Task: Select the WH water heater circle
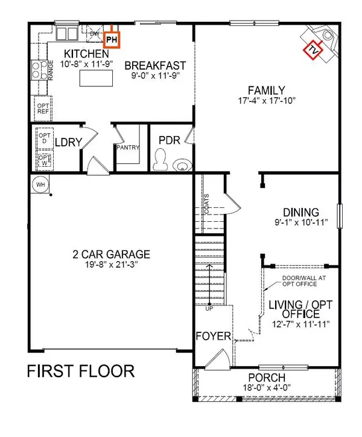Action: coord(40,184)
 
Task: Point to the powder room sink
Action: coord(181,164)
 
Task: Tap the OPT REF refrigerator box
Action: coord(43,109)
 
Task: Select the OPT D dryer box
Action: coord(44,138)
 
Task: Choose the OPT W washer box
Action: coord(44,160)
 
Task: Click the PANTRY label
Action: coord(128,147)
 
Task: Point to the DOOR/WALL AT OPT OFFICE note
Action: coord(300,282)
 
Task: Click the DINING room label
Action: coord(300,212)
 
